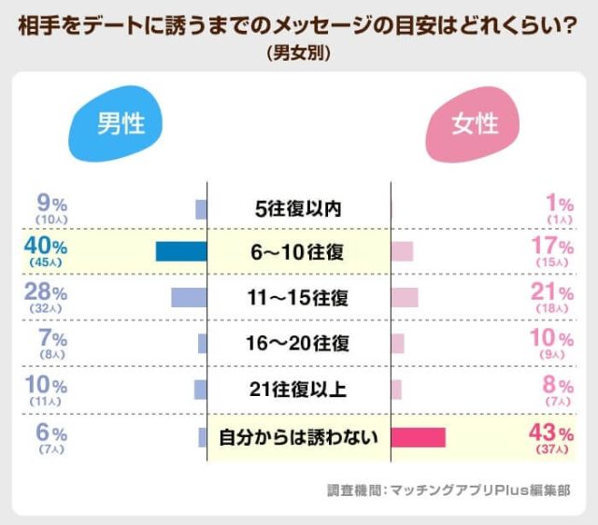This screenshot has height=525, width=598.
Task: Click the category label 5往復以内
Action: pyautogui.click(x=298, y=208)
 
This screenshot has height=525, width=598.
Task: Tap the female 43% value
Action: pyautogui.click(x=551, y=432)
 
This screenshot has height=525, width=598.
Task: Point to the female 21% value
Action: pyautogui.click(x=551, y=292)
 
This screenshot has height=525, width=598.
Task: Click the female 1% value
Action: pyautogui.click(x=558, y=201)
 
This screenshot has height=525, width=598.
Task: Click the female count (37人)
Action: pyautogui.click(x=551, y=448)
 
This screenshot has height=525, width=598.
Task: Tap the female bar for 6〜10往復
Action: pyautogui.click(x=402, y=251)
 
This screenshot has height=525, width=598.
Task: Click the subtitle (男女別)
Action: pyautogui.click(x=298, y=54)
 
